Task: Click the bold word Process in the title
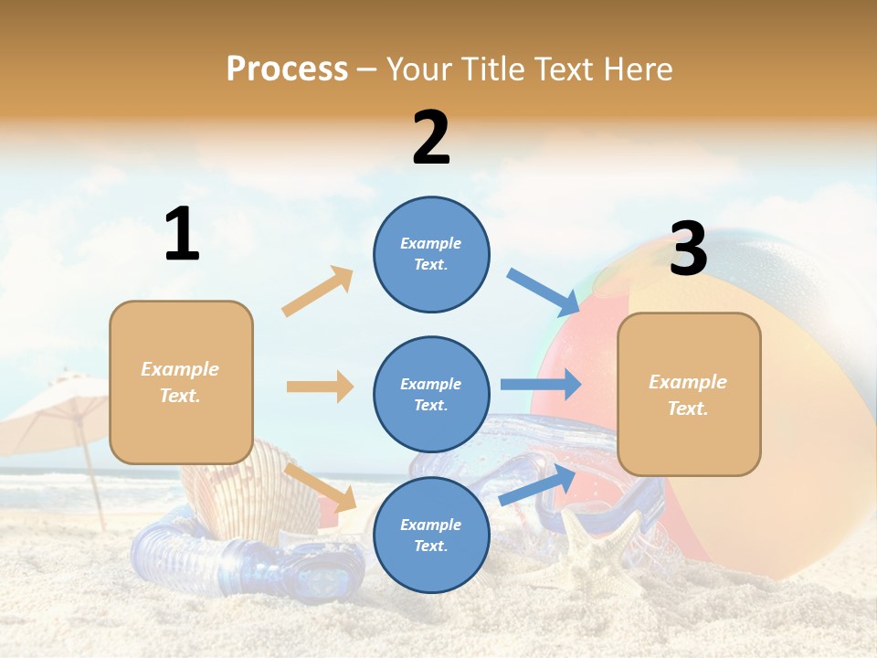[287, 69]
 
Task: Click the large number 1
[182, 235]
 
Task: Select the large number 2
[431, 138]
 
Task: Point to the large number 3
[688, 249]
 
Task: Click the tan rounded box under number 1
[181, 382]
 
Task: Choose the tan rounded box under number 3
[689, 394]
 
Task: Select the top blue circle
[431, 254]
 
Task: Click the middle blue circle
[431, 394]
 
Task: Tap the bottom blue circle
[431, 535]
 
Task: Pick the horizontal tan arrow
[320, 387]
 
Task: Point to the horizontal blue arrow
[541, 384]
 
